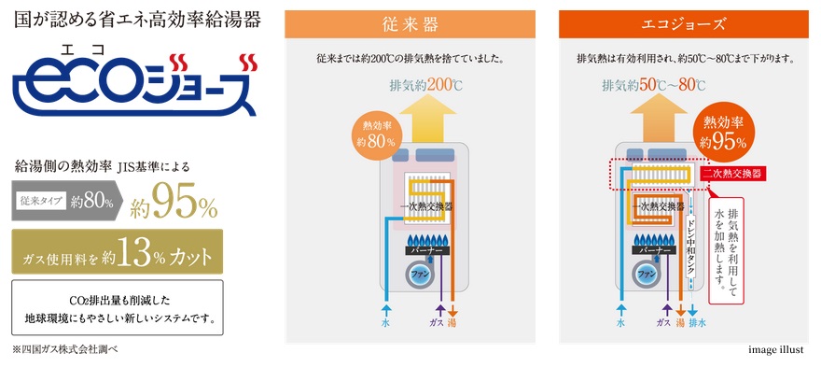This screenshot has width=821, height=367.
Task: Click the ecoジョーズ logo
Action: pos(135,84)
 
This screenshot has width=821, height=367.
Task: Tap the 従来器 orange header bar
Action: pos(410,24)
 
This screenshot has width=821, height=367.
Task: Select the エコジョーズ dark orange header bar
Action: pos(683,24)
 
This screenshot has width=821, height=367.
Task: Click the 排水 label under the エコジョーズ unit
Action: pos(696,322)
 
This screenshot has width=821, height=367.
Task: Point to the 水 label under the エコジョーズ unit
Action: pos(621,323)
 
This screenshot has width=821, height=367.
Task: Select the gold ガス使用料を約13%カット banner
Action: pos(118,251)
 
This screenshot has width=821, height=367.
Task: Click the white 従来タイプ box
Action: pos(41,200)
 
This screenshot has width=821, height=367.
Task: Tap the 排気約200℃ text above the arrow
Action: pos(425,85)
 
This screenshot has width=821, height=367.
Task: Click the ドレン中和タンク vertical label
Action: pos(690,246)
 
